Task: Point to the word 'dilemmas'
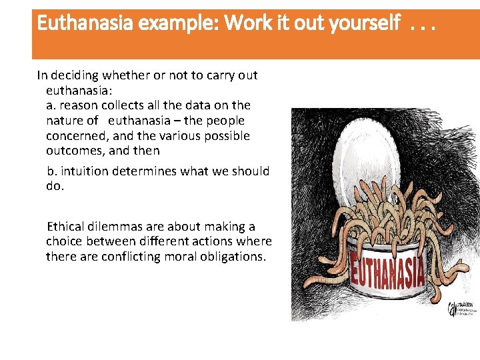coord(118,227)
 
